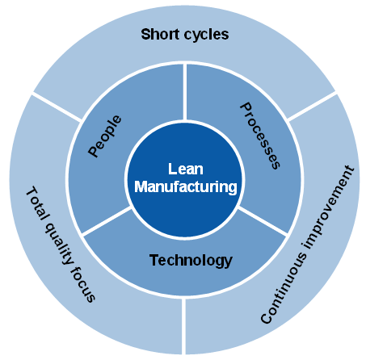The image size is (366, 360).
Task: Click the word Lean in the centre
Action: pos(185,170)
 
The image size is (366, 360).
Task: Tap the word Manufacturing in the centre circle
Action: pos(185,186)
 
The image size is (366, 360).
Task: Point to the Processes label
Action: pos(261,135)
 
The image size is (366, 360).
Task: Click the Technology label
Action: pos(191,260)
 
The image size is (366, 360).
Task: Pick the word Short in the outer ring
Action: pos(158,35)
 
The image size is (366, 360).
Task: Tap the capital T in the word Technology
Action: pos(154,260)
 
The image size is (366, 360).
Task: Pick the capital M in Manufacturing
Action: pos(140,186)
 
